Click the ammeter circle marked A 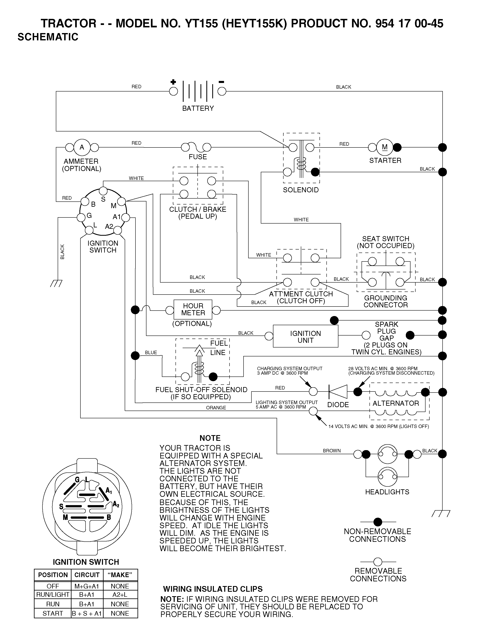82,147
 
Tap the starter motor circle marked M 385,147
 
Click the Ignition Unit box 306,336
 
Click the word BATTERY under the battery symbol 198,109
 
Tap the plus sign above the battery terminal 173,82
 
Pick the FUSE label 198,157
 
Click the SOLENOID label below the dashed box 301,190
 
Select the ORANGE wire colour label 216,408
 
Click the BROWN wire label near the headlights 332,451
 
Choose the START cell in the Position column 53,613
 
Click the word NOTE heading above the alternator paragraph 210,438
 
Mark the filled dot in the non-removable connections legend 378,522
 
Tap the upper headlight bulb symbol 387,454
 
